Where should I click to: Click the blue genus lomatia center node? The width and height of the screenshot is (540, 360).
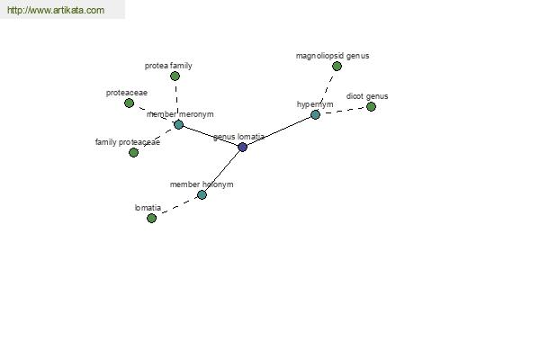(242, 147)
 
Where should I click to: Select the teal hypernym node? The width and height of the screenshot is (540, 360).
(315, 114)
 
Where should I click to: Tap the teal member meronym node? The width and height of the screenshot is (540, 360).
(178, 124)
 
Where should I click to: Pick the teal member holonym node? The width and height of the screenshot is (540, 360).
(202, 195)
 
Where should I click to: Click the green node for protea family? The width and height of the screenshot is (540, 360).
(175, 76)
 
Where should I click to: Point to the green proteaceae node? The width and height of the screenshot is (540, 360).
(129, 103)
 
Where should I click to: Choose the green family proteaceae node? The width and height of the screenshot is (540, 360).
(133, 152)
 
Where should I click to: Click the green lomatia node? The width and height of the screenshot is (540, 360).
(151, 218)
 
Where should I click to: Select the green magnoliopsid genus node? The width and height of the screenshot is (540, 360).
(337, 66)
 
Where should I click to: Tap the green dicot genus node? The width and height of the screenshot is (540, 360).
(371, 107)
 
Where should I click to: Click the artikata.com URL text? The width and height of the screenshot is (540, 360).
(56, 10)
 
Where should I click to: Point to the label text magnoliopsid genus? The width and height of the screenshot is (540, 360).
(332, 56)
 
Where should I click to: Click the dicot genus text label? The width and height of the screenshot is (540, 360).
(367, 96)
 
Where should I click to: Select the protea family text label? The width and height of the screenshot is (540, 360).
(168, 66)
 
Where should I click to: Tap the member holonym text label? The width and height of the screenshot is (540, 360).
(202, 184)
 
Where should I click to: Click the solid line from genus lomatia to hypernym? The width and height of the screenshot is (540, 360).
(279, 130)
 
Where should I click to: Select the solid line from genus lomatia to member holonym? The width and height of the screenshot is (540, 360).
(222, 171)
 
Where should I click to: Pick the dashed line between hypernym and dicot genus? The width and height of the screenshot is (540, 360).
(343, 111)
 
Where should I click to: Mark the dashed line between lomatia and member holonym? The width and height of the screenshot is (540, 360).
(176, 207)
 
